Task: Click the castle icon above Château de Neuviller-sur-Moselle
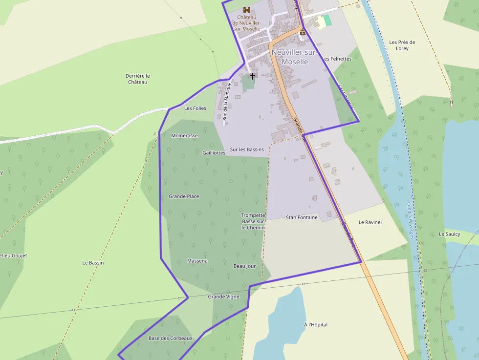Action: pos(247,10)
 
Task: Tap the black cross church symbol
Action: pos(253,76)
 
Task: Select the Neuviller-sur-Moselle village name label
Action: pos(295,57)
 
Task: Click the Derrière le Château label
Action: pos(137,79)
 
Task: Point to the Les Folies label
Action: pos(195,108)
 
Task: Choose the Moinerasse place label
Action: pos(184,135)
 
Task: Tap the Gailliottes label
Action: pos(214,152)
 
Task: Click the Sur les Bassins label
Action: pos(247,149)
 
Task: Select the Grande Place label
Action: pos(184,196)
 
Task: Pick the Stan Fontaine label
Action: pos(302,217)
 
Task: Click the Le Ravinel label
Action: pos(370,222)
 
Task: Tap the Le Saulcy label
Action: pos(449,234)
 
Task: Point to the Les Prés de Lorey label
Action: pos(402,45)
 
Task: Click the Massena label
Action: pos(197,261)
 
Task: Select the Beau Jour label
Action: pos(244,266)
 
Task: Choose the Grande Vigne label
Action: pos(223,296)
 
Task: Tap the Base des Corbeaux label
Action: pos(171,338)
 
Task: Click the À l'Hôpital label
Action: pos(316,325)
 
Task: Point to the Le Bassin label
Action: pos(93,263)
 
